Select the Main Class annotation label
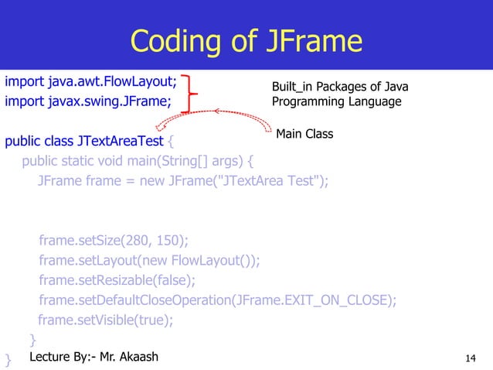[x=304, y=134]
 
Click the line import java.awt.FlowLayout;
[x=91, y=80]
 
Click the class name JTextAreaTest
[x=120, y=142]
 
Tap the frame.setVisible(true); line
[x=106, y=320]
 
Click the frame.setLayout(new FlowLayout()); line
[x=149, y=259]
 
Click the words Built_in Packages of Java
[x=340, y=87]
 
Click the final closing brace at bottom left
[x=8, y=359]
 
